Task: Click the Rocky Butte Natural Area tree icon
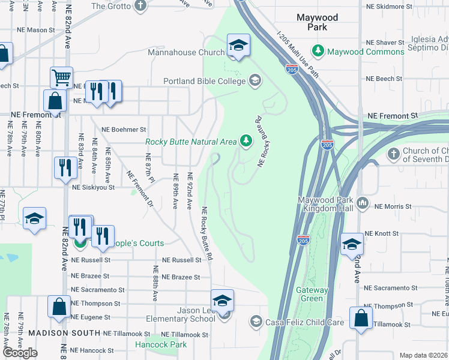tap(246, 141)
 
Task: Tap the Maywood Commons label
tap(366, 52)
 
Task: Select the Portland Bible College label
tap(204, 81)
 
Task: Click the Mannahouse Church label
tap(187, 52)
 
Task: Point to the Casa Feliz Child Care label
tap(306, 322)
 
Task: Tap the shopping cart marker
tap(61, 76)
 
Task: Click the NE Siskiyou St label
tap(93, 187)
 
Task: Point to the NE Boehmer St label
tap(124, 129)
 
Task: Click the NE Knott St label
tap(382, 233)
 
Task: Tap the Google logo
tap(20, 353)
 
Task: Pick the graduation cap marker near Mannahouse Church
tap(238, 46)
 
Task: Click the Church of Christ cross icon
tap(394, 154)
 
